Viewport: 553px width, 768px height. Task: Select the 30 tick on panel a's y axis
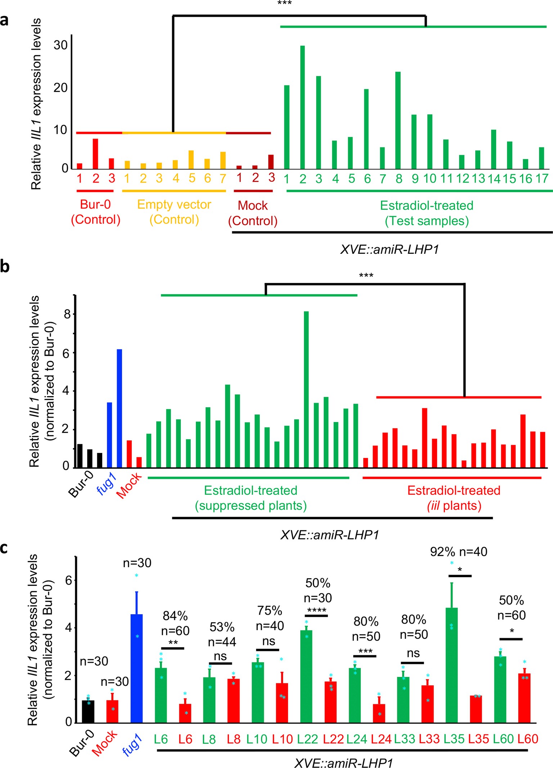click(x=60, y=45)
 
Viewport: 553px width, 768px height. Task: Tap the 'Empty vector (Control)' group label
click(x=174, y=212)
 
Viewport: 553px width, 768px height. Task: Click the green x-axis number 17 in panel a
click(x=542, y=179)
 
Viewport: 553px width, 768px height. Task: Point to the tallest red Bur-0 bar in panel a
click(x=95, y=154)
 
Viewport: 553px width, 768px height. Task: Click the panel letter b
click(x=5, y=267)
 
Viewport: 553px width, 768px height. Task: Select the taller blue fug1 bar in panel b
click(x=119, y=408)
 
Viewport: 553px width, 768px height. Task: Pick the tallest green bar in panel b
click(x=306, y=389)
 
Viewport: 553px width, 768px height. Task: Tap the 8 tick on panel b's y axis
click(x=67, y=314)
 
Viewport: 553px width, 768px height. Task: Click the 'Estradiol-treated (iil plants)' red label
click(x=454, y=498)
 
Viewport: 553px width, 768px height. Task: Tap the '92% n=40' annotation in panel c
click(x=459, y=552)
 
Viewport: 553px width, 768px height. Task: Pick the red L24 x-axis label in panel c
click(x=381, y=739)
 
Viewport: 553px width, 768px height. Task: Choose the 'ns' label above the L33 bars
click(x=413, y=653)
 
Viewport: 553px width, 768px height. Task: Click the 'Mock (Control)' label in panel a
click(x=253, y=213)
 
